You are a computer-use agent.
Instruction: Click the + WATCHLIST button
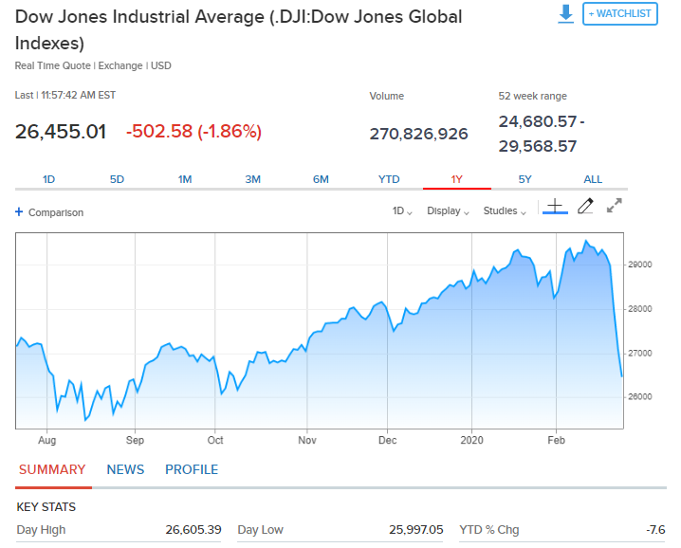pos(619,13)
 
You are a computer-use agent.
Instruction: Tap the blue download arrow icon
pos(566,13)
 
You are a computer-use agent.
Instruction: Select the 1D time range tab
pos(49,179)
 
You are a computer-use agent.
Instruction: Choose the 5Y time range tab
pos(525,179)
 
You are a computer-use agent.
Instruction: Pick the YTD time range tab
pos(389,179)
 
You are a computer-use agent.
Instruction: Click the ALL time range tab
pos(593,179)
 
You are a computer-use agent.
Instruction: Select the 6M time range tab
pos(321,179)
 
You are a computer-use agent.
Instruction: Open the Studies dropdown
pos(505,211)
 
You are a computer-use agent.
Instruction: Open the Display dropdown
pos(448,211)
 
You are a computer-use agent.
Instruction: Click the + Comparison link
pos(49,212)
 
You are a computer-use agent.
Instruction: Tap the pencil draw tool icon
pos(585,206)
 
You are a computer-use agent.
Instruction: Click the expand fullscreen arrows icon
pos(615,205)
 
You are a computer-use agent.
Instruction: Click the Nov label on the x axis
pos(305,441)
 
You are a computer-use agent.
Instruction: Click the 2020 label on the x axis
pos(471,441)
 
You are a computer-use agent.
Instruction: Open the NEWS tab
pos(125,469)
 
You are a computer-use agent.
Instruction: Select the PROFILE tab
pos(192,469)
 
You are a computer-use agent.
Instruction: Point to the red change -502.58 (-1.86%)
pos(193,132)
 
